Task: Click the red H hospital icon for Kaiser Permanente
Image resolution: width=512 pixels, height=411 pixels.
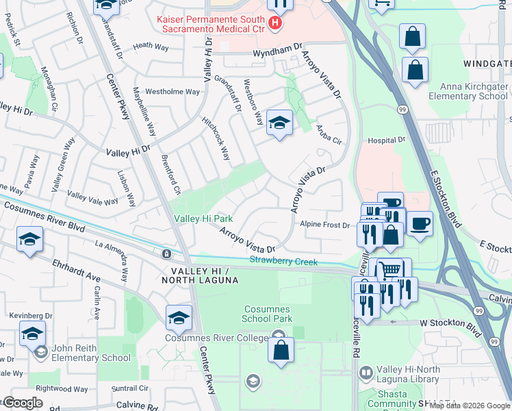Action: tap(275, 24)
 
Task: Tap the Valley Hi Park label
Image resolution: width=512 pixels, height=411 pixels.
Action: tap(203, 219)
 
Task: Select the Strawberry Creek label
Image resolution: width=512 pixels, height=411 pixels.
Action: tap(283, 260)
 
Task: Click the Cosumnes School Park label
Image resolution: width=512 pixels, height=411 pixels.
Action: tap(268, 314)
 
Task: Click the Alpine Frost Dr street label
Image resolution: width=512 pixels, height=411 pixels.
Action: tap(325, 224)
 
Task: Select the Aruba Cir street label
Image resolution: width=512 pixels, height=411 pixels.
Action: tap(329, 134)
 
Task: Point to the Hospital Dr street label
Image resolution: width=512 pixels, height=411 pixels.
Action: tap(387, 140)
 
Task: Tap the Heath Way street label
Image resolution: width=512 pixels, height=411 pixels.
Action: tap(151, 46)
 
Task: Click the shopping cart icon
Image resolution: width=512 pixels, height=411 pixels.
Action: tap(389, 270)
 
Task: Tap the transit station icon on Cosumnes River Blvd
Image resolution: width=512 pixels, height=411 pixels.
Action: tap(166, 253)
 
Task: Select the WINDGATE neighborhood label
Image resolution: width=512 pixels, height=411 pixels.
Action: tap(487, 63)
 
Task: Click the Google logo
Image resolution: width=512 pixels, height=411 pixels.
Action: tap(23, 403)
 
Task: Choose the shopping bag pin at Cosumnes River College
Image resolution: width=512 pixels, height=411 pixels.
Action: tap(282, 350)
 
